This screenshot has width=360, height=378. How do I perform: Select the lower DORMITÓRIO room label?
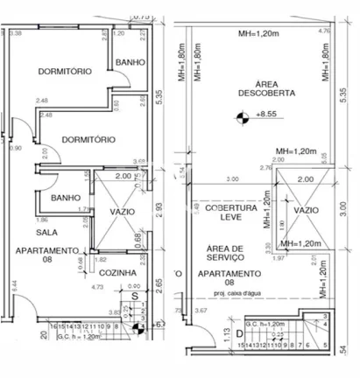point(90,139)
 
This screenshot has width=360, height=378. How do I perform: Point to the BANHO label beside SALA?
point(67,198)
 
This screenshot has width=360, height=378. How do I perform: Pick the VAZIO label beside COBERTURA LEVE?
point(306,211)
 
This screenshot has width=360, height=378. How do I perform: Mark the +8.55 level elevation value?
point(266,115)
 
